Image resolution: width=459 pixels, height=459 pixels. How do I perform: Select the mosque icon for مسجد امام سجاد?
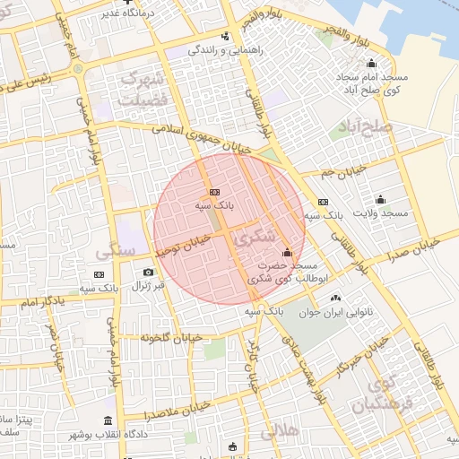tap(371, 64)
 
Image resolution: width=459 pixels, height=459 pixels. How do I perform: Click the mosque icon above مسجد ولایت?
tap(380, 199)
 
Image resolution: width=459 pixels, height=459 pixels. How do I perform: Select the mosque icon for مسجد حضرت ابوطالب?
tap(287, 253)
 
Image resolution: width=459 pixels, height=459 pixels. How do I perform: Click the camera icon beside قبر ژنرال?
tap(148, 272)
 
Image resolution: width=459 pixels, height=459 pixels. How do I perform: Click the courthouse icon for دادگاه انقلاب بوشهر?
tap(108, 420)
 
